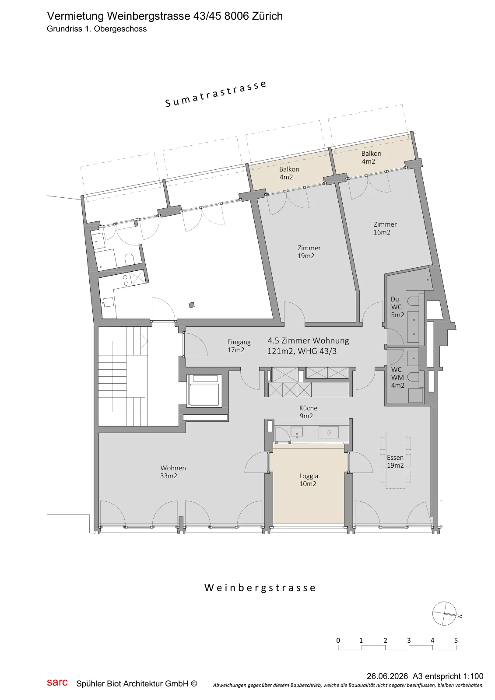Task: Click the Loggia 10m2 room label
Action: (x=308, y=479)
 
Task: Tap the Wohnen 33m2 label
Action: (x=173, y=472)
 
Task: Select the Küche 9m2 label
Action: (x=308, y=412)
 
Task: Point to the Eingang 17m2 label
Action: (x=239, y=346)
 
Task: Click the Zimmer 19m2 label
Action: (x=309, y=252)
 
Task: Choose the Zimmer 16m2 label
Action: (x=385, y=228)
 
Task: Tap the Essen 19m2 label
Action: (x=395, y=461)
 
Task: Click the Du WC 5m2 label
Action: (x=397, y=307)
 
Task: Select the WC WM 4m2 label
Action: (x=397, y=378)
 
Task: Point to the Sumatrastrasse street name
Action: (x=216, y=94)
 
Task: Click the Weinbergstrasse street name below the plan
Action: (x=260, y=588)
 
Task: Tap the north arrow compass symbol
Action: (x=445, y=613)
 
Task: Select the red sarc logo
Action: (x=57, y=682)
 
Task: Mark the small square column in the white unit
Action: (x=192, y=305)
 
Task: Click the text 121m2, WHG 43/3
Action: (x=302, y=351)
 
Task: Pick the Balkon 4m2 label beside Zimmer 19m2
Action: (x=289, y=173)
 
